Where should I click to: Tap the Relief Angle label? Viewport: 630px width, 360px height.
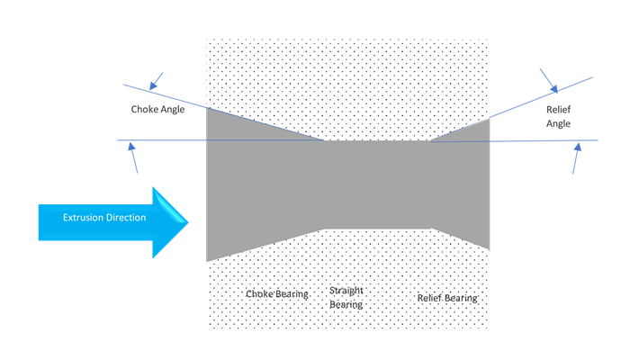click(558, 116)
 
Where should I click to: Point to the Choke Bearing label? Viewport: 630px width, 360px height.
click(277, 294)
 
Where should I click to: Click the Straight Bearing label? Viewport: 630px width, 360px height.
click(346, 298)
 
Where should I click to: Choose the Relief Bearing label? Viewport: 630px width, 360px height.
click(447, 297)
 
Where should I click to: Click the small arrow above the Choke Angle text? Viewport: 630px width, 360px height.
click(156, 82)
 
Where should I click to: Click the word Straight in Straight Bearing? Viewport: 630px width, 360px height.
click(346, 291)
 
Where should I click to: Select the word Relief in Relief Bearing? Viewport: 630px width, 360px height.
click(430, 297)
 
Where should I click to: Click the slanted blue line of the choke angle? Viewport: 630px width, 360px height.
click(225, 113)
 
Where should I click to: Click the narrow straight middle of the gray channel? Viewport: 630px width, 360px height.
click(377, 184)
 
